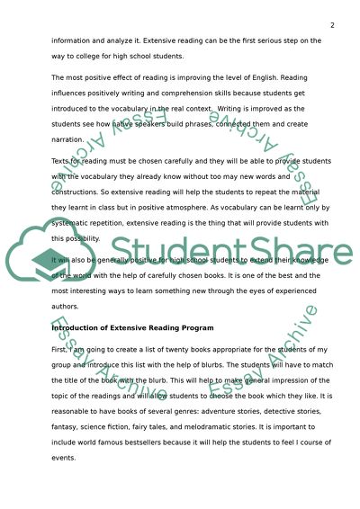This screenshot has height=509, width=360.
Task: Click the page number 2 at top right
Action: click(x=332, y=25)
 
